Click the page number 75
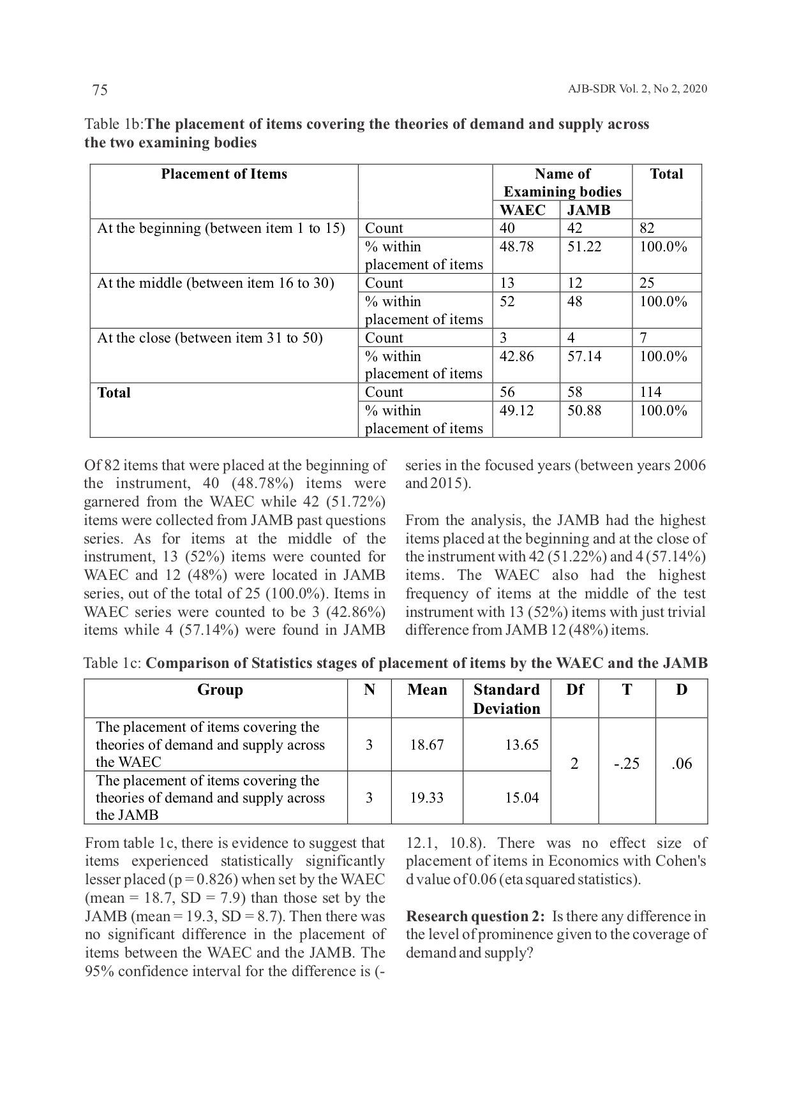pos(100,90)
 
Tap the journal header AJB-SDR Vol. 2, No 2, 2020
pos(637,89)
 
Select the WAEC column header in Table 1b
pos(522,211)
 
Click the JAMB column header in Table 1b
pos(588,211)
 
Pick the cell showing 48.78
pos(516,247)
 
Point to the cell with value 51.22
pos(584,247)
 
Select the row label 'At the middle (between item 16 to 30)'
pos(216,283)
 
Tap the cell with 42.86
pos(516,356)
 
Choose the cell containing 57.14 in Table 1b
pos(584,356)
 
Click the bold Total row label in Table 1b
pos(114,393)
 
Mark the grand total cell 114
pos(650,392)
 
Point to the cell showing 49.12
pos(516,411)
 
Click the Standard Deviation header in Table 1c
pos(507,699)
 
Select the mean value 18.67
pos(427,745)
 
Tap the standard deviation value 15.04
pos(521,797)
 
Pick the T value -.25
pos(627,764)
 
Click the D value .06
pos(682,764)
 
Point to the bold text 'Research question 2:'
pos(475,917)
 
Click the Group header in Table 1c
pos(220,690)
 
